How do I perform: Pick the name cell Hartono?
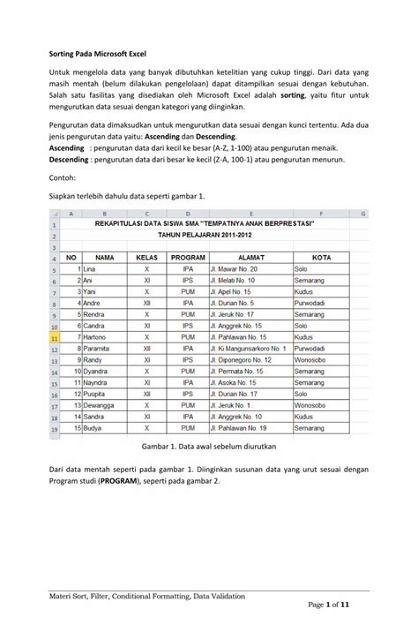pyautogui.click(x=98, y=337)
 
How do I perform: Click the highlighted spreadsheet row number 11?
pyautogui.click(x=55, y=337)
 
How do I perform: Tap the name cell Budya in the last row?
pyautogui.click(x=95, y=428)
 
